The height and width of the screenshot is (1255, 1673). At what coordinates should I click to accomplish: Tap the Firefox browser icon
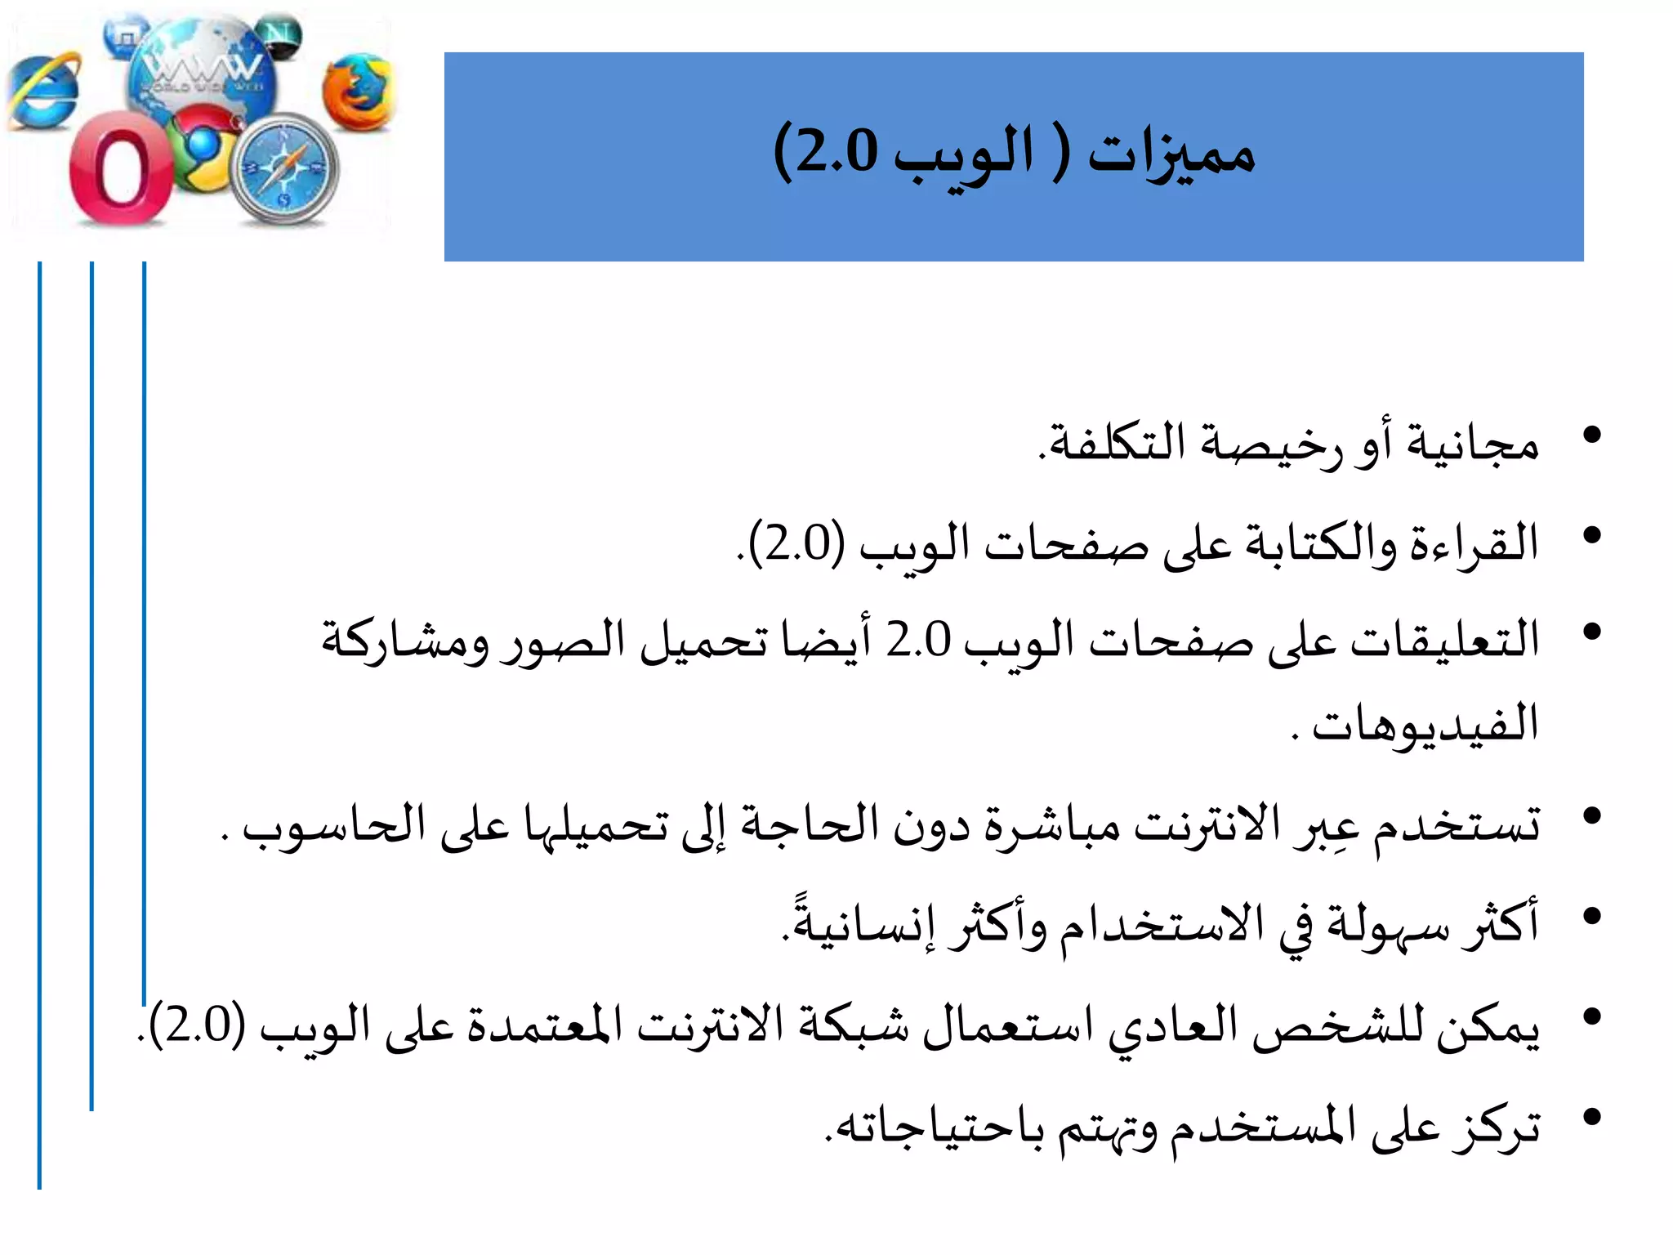(x=357, y=92)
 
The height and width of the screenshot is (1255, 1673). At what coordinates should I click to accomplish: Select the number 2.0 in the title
(x=836, y=153)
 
